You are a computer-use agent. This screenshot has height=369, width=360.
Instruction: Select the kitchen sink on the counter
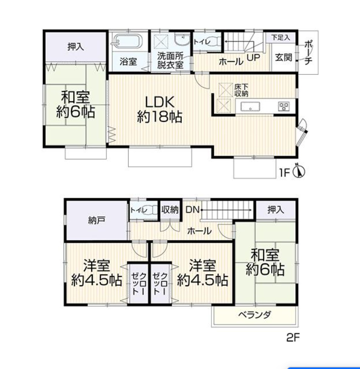click(x=250, y=107)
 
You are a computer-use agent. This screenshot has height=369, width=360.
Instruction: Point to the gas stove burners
click(x=284, y=107)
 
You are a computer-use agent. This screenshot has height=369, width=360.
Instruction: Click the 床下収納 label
click(x=241, y=90)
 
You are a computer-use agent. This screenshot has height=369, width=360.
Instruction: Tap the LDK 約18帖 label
click(x=160, y=109)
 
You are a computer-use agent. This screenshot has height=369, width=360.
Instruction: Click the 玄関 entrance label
click(x=284, y=57)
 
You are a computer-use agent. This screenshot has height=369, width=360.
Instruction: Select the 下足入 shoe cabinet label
click(x=280, y=37)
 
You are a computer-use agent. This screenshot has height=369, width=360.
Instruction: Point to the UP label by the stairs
click(x=253, y=58)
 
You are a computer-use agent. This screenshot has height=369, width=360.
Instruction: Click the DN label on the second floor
click(x=193, y=210)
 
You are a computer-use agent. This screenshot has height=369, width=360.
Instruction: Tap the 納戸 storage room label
click(x=97, y=220)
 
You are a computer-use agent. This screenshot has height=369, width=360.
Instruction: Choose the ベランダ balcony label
click(x=255, y=314)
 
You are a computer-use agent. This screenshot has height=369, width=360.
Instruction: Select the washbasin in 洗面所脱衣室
click(x=182, y=39)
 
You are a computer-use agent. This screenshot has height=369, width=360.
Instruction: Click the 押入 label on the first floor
click(x=76, y=47)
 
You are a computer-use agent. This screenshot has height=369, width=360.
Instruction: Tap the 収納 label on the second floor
click(x=170, y=210)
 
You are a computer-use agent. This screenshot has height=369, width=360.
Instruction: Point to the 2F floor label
click(x=293, y=338)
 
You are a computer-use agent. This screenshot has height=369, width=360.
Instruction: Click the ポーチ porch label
click(x=308, y=53)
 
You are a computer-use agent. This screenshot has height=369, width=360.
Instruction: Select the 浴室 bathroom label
click(x=128, y=61)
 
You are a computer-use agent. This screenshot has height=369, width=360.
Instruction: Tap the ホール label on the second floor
click(x=199, y=231)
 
